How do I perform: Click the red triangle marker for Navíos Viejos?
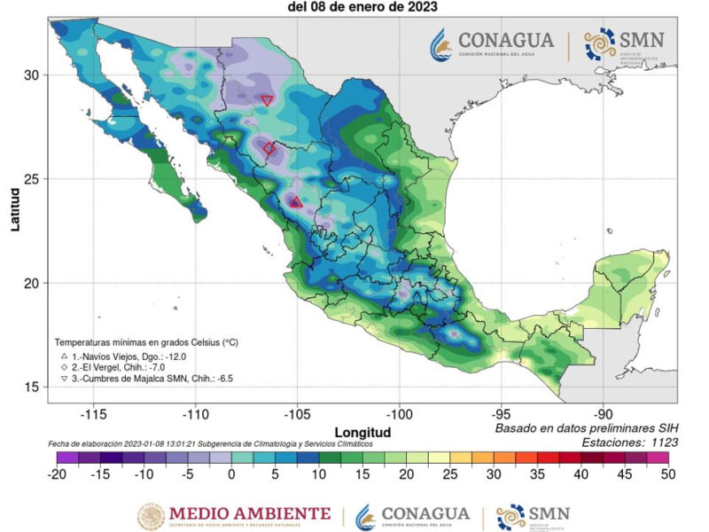pyautogui.click(x=296, y=202)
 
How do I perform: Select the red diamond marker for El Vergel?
pyautogui.click(x=269, y=148)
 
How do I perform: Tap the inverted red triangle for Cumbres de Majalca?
pyautogui.click(x=267, y=100)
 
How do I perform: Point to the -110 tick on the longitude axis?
pyautogui.click(x=195, y=414)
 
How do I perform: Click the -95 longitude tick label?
pyautogui.click(x=502, y=414)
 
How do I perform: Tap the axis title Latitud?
pyautogui.click(x=15, y=209)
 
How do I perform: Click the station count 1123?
pyautogui.click(x=659, y=442)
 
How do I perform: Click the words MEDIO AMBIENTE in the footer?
pyautogui.click(x=249, y=514)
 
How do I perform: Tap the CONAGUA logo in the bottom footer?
pyautogui.click(x=412, y=514)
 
